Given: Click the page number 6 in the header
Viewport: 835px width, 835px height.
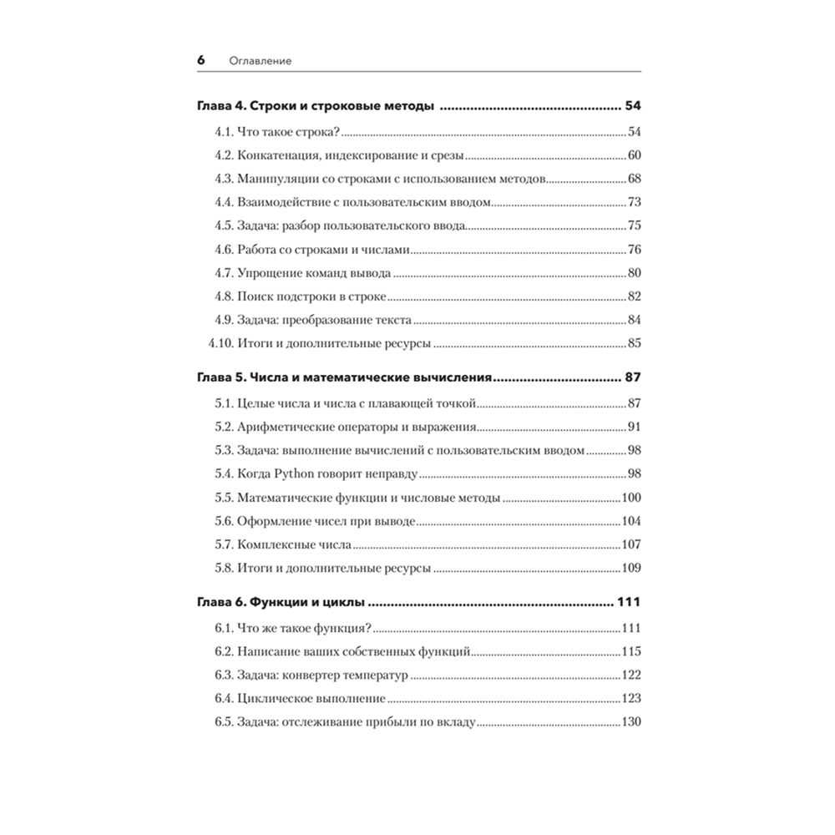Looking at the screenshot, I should pos(200,61).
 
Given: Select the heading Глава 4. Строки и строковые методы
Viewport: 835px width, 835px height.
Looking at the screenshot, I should pos(316,107).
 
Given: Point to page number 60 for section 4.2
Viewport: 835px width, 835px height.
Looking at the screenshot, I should pos(633,155).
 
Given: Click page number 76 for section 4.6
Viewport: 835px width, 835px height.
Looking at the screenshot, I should pos(633,249).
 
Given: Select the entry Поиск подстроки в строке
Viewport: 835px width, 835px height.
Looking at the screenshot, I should pos(313,296).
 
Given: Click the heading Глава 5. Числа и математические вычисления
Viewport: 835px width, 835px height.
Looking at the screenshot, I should pos(343,377).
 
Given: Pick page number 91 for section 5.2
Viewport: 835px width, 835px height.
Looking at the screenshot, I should pos(633,428).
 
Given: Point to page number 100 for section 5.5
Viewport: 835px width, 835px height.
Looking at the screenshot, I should pos(630,498).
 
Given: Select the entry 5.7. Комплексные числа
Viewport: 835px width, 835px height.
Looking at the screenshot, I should pos(282,544).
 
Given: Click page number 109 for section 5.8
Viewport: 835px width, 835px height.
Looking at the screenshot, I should pos(630,568).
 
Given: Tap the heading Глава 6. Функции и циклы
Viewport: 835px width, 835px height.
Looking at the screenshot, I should pos(283,603).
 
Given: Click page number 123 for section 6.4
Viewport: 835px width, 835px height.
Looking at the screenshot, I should pos(630,698).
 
